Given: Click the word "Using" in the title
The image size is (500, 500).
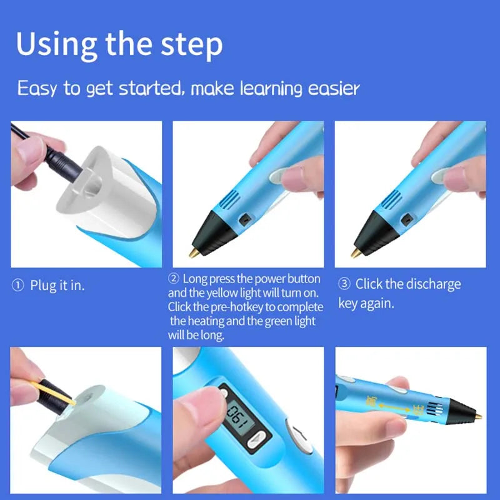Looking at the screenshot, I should click(x=56, y=44).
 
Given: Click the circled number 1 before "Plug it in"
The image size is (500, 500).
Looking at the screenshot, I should click(x=17, y=286).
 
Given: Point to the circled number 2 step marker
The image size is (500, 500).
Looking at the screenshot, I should click(x=174, y=278).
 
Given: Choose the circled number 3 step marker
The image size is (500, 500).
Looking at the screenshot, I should click(x=344, y=284).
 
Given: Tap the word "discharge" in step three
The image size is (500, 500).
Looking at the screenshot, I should click(x=433, y=284).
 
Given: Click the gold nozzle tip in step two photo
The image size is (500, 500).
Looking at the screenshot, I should click(x=195, y=252).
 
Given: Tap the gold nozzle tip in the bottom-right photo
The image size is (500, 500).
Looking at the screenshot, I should click(x=477, y=415).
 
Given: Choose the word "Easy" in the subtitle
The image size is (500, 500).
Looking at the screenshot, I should click(x=37, y=88).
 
